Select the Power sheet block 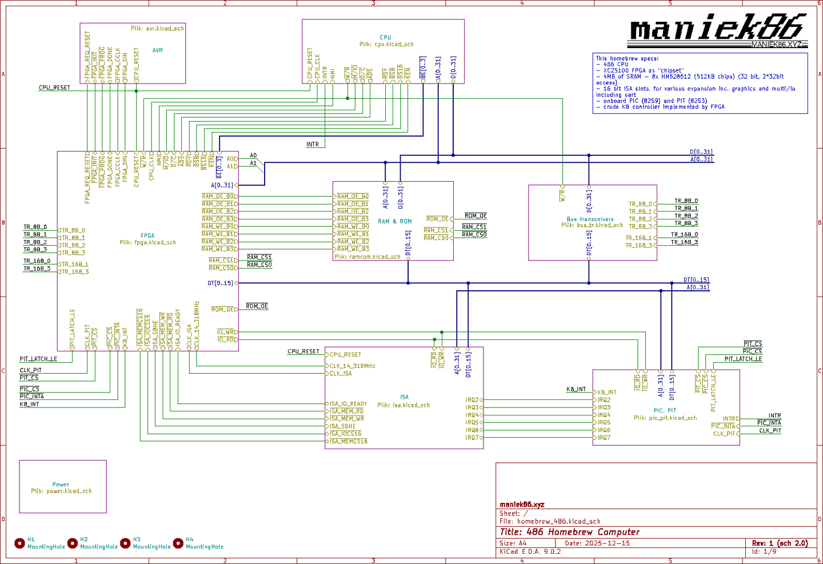click(63, 486)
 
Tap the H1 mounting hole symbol click(19, 543)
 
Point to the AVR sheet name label click(157, 50)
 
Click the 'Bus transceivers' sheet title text click(590, 219)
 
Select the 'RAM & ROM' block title click(394, 221)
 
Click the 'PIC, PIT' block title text click(665, 410)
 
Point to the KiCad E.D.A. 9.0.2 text click(530, 552)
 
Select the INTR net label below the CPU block click(313, 145)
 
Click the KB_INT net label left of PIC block click(576, 389)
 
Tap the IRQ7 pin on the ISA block click(473, 438)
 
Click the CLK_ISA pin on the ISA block click(341, 374)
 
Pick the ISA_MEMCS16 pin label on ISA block click(349, 441)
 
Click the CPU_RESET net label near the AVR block click(54, 88)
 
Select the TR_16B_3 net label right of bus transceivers click(684, 242)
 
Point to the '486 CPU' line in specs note click(616, 65)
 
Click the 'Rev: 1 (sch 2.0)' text click(780, 543)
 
